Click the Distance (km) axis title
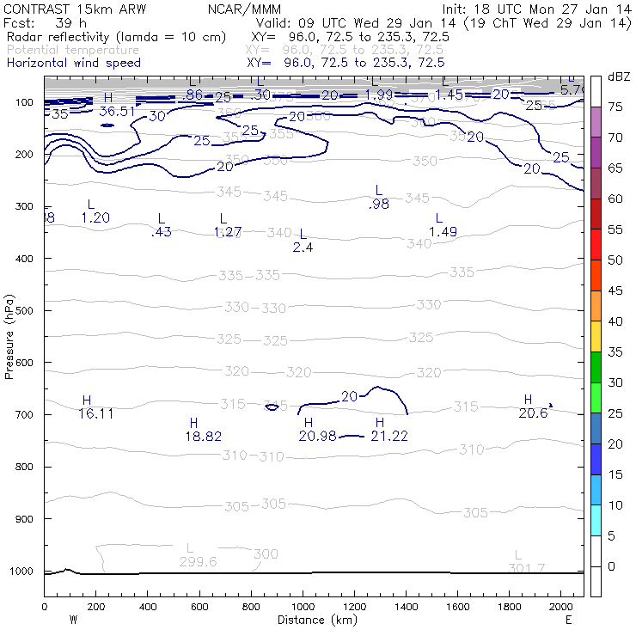(313, 620)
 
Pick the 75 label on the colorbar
(616, 107)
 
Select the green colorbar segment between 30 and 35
(596, 367)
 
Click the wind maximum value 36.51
(117, 111)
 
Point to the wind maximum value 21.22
(388, 436)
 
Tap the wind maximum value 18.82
(203, 436)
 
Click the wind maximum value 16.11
(96, 413)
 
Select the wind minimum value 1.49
(443, 232)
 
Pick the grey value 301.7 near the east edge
(528, 568)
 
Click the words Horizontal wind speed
(73, 63)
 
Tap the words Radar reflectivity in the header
(65, 38)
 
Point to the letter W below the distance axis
(73, 620)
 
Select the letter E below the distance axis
(568, 620)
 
